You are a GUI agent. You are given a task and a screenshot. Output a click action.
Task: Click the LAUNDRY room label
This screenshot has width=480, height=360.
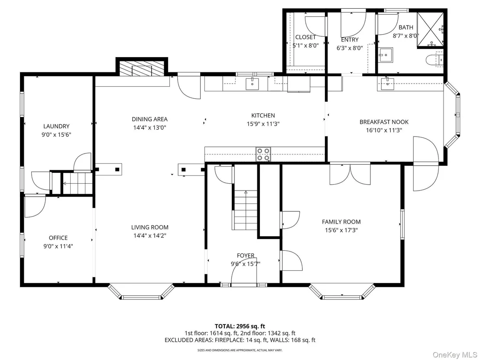(x=56, y=126)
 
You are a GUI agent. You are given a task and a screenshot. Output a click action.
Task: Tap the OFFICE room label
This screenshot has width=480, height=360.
(x=58, y=238)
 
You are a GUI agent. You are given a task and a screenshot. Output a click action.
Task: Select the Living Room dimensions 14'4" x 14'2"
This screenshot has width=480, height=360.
(x=150, y=236)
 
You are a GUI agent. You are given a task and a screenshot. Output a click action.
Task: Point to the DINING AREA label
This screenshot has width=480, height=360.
(x=150, y=119)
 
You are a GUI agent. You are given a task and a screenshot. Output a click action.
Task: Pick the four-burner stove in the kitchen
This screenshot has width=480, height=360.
(x=263, y=154)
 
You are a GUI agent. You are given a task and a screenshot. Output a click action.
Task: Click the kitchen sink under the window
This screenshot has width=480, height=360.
(x=252, y=84)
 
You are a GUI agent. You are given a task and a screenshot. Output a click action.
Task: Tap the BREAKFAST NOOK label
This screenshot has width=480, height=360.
(x=384, y=122)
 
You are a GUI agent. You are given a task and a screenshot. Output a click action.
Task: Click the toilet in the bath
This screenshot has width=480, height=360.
(x=435, y=60)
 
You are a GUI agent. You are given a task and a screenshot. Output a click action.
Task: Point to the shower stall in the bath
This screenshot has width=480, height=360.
(x=431, y=30)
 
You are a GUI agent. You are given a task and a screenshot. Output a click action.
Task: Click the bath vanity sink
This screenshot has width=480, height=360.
(x=386, y=55)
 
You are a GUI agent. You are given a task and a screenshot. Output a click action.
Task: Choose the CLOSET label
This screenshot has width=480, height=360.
(x=305, y=37)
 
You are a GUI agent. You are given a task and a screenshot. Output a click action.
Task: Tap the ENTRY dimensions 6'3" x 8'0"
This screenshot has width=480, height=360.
(x=350, y=48)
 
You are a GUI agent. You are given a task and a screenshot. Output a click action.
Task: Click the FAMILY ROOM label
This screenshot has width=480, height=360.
(x=341, y=222)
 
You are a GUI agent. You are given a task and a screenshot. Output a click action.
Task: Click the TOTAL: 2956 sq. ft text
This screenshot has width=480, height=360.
(x=240, y=326)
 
